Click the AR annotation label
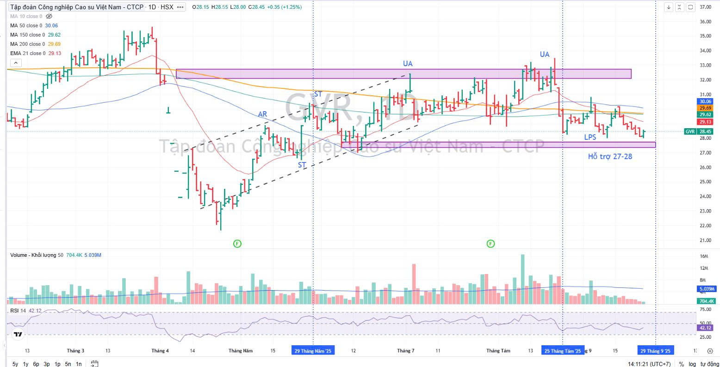point(262,114)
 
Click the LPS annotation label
point(590,137)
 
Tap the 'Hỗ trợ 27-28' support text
point(610,156)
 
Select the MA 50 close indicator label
point(26,25)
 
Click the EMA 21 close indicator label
point(28,53)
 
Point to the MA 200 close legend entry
point(28,44)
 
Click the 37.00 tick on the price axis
point(705,7)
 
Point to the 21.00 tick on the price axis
point(705,240)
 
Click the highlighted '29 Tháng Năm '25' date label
point(313,351)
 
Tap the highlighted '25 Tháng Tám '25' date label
point(563,351)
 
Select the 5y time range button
point(15,364)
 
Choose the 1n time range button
point(79,364)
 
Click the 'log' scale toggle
point(692,364)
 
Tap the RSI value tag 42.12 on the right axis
point(706,328)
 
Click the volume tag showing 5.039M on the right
point(706,289)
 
